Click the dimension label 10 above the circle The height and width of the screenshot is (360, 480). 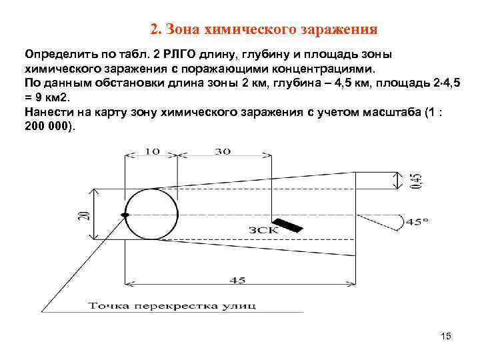(x=151, y=151)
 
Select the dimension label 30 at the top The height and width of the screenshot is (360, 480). (x=222, y=151)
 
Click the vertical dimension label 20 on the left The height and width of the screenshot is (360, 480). (x=83, y=214)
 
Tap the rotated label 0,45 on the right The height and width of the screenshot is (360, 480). (x=417, y=179)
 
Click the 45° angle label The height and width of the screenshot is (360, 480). (x=417, y=221)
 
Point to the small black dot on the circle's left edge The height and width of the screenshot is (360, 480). (x=125, y=215)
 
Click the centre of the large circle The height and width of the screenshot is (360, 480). (x=151, y=214)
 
